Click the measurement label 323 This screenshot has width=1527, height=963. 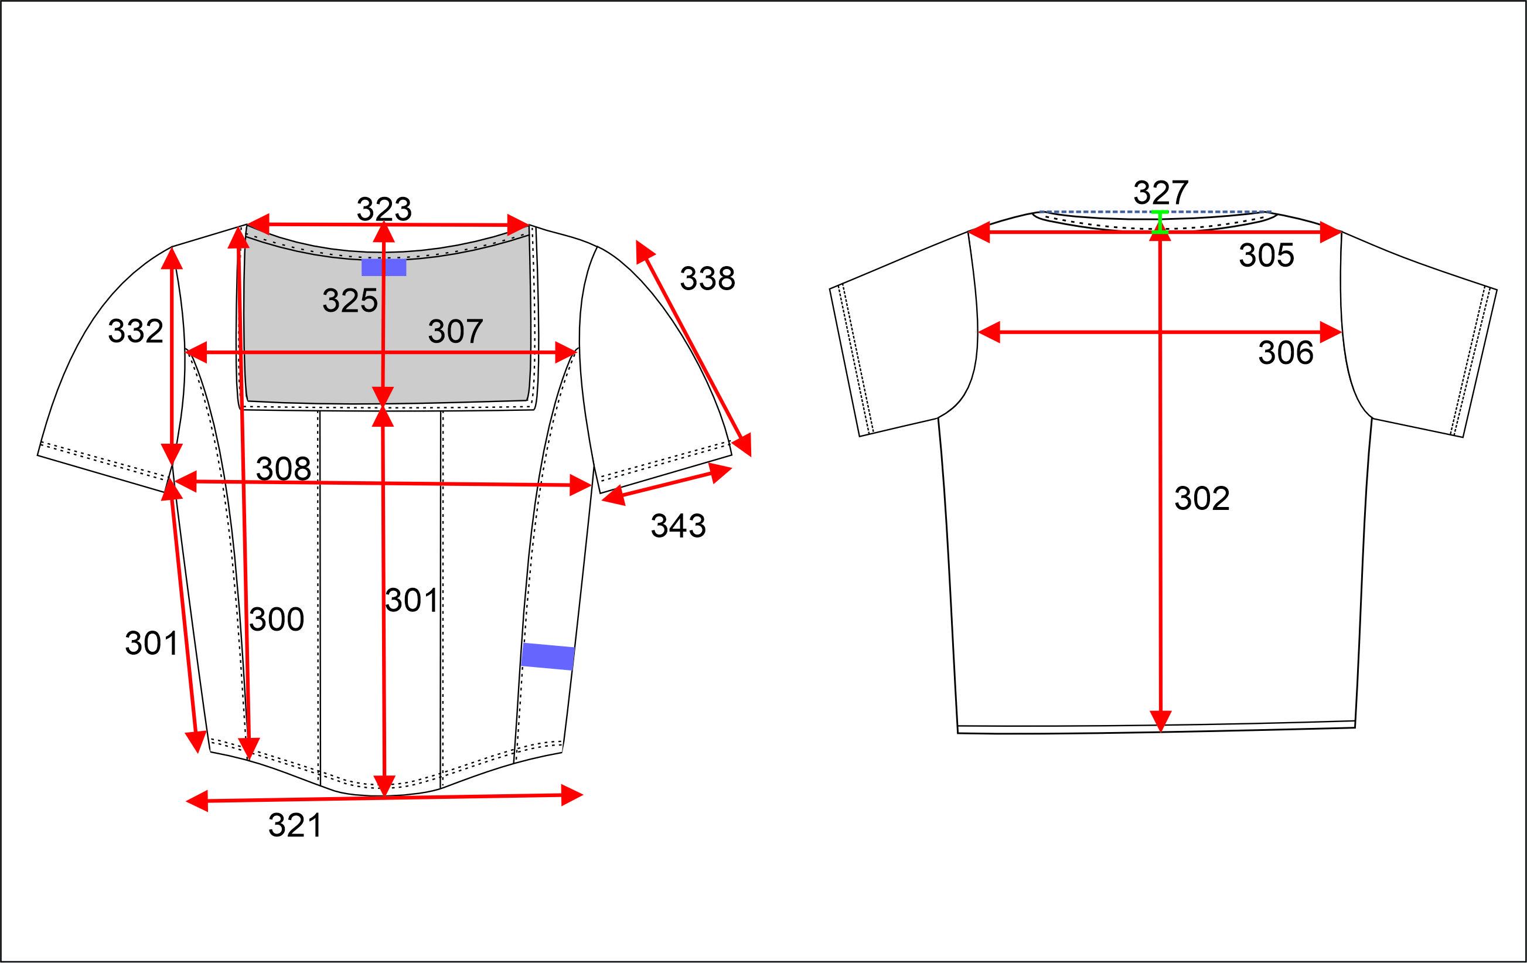384,209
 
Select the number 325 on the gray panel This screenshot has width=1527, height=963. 350,300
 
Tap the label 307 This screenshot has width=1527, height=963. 455,331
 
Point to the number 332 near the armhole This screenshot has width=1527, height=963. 136,331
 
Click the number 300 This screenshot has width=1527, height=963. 277,618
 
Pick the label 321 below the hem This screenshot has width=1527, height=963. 295,825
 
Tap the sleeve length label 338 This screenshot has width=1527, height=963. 708,278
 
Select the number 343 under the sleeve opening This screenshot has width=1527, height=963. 678,525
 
